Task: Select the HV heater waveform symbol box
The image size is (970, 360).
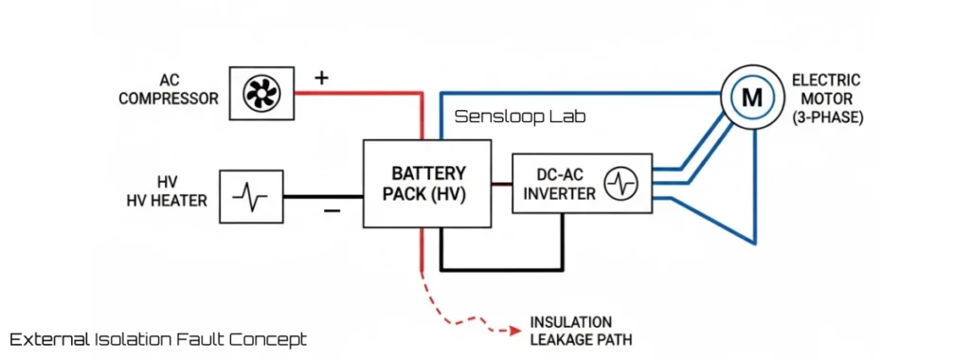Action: (x=251, y=196)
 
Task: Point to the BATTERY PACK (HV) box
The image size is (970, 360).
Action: (x=427, y=183)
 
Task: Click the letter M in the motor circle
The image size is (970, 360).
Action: (x=751, y=97)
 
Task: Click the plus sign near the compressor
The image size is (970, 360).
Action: (x=322, y=78)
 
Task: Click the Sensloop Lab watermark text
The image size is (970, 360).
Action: (x=520, y=117)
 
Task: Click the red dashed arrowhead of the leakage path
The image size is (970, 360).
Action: (x=515, y=331)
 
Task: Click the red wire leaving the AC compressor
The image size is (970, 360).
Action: (x=355, y=93)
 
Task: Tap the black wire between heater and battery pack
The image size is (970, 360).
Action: (x=322, y=196)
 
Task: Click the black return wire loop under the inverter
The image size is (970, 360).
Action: (x=502, y=269)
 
